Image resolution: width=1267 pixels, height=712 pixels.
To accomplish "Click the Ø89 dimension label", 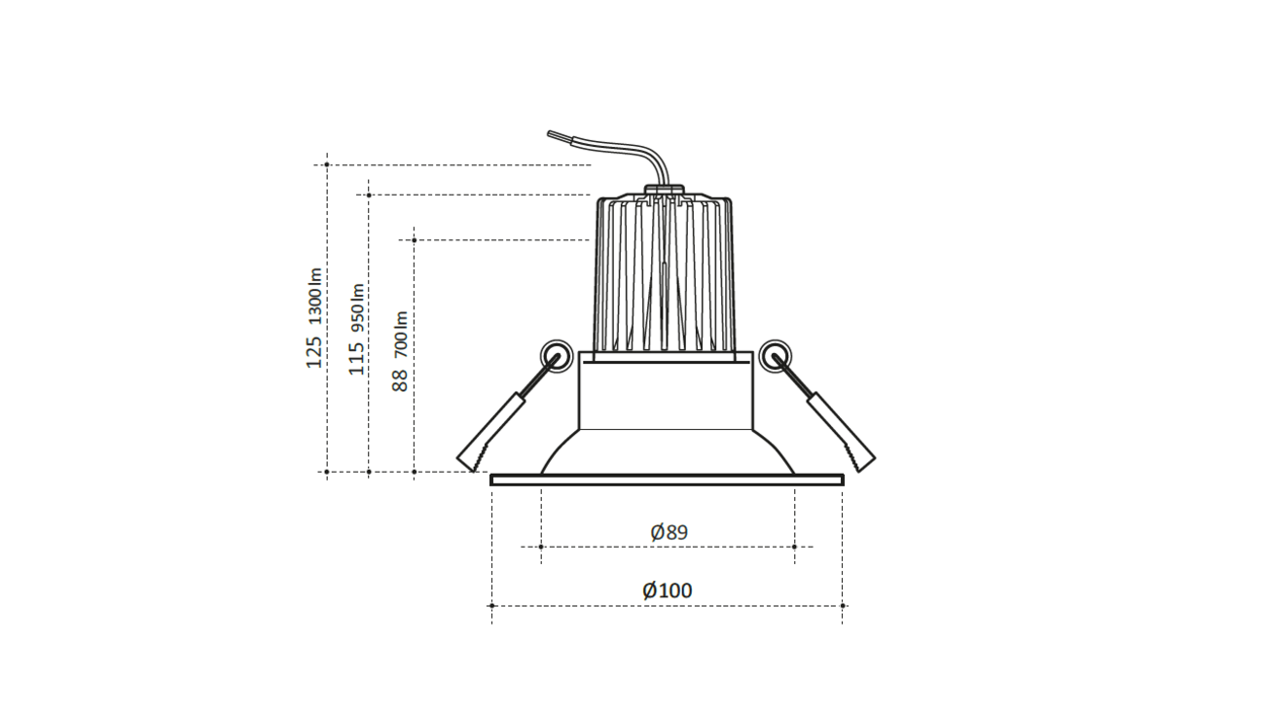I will click(669, 532).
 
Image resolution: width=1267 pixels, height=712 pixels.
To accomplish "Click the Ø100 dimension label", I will click(668, 590).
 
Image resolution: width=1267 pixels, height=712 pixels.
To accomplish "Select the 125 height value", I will click(313, 352).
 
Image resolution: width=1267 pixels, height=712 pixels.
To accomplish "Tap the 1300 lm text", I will click(313, 295).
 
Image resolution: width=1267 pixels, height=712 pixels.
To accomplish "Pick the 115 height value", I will click(357, 358).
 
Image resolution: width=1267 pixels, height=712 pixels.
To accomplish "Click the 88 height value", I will click(400, 378).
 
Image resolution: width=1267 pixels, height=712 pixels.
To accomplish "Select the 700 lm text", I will click(400, 332).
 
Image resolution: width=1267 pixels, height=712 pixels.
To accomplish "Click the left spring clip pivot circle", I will click(556, 354).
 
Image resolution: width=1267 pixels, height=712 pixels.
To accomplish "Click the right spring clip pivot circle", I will click(775, 354).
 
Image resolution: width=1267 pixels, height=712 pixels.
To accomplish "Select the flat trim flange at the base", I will click(667, 480).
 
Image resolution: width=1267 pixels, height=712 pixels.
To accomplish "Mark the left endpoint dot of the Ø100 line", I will click(491, 606).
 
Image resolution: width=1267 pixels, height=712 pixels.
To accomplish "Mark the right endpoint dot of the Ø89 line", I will click(795, 547).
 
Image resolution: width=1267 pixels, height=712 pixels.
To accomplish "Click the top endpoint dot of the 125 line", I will click(327, 165).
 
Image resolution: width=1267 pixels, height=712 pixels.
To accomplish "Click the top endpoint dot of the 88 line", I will click(415, 239).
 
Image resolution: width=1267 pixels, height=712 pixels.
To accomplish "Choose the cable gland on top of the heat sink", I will click(665, 192).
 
